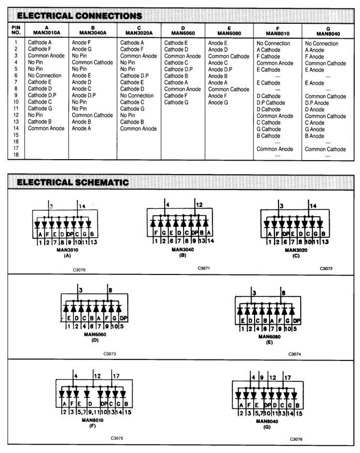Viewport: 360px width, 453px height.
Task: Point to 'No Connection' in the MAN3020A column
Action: click(x=137, y=95)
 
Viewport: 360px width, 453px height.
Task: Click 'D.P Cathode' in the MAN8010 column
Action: click(x=270, y=103)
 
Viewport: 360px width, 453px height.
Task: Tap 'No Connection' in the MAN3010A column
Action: click(x=45, y=76)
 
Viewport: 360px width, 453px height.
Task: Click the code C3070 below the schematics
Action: click(x=79, y=271)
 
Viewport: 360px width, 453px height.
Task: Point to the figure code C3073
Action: click(x=110, y=354)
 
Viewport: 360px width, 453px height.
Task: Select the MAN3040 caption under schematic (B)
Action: click(x=179, y=250)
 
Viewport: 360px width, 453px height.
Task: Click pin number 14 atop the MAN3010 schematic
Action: click(x=83, y=205)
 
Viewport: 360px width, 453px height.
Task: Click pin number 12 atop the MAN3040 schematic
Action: click(x=199, y=204)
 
